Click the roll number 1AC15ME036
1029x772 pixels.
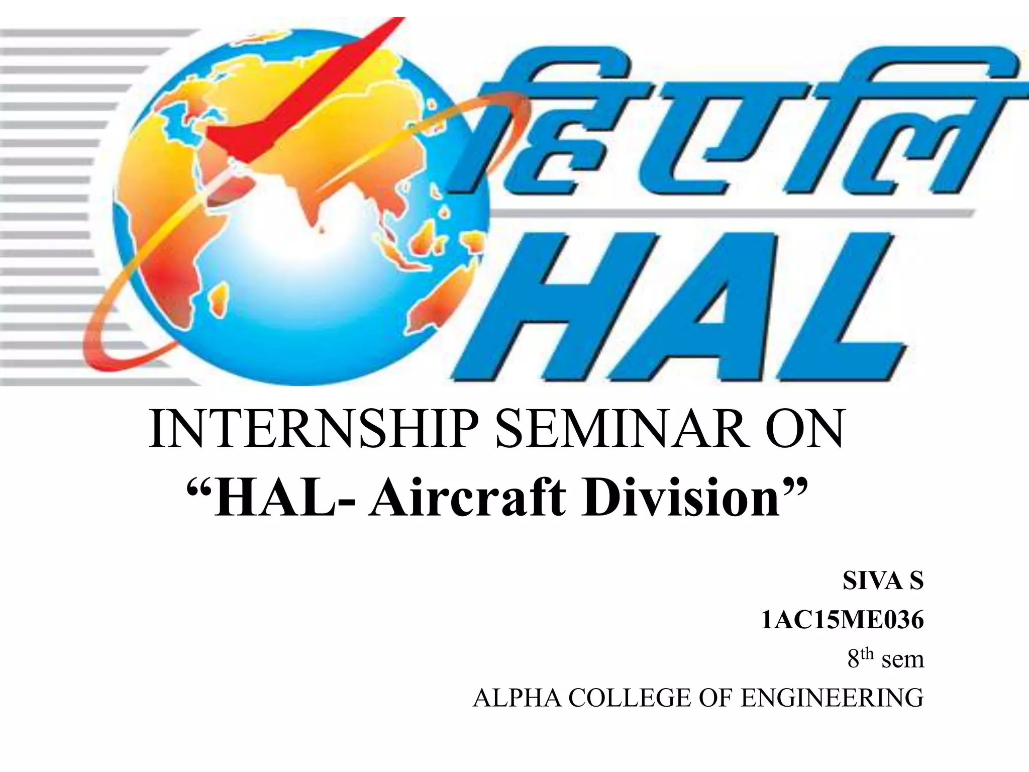842,621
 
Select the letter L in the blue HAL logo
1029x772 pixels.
829,307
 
